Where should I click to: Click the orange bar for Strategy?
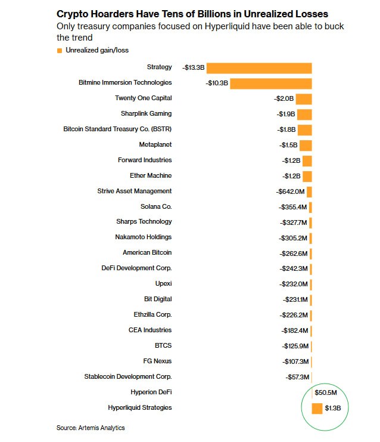tap(259, 68)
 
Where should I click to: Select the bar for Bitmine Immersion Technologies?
tap(271, 84)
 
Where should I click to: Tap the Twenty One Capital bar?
tap(304, 99)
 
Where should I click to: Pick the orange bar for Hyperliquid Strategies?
tap(317, 409)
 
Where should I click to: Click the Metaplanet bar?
tap(306, 146)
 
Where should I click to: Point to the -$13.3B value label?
tap(194, 67)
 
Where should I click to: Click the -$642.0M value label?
tap(290, 191)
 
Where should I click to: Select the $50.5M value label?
tap(326, 392)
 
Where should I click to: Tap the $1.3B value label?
tap(333, 408)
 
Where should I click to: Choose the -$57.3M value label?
tap(297, 377)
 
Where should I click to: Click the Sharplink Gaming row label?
tap(146, 113)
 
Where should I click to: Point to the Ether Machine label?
tap(151, 175)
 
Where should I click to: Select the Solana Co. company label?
tap(156, 206)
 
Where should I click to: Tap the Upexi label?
tap(163, 284)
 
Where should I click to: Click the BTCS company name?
tap(163, 345)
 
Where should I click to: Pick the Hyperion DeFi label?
tap(151, 392)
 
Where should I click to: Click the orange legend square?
tap(60, 51)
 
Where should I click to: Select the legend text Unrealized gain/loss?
tap(97, 50)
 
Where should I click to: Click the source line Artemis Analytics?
tap(101, 428)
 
